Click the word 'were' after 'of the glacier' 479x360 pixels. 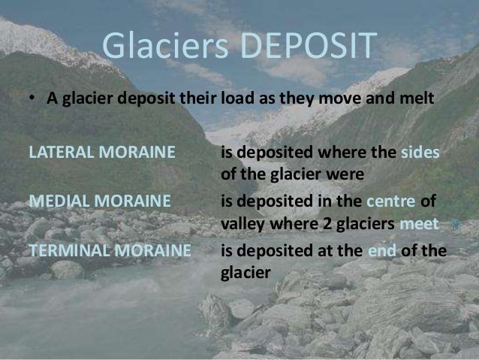tap(347, 175)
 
